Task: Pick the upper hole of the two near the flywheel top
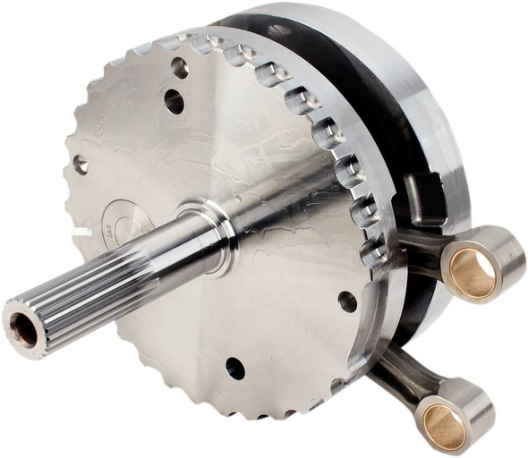coord(180,68)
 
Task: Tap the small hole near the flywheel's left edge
coord(81,164)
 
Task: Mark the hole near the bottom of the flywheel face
coord(235,368)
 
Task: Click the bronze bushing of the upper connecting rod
coord(473,274)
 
